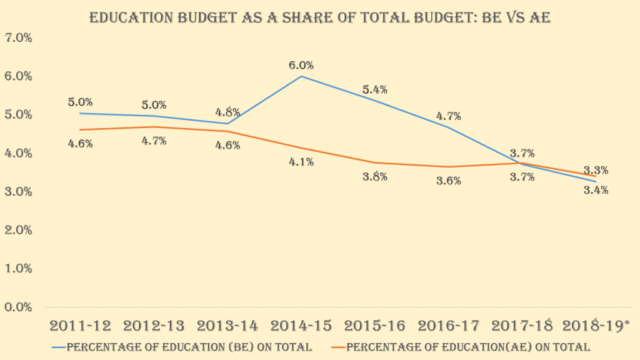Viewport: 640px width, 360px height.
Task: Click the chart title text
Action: [319, 17]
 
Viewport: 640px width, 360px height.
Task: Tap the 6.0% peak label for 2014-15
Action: [301, 66]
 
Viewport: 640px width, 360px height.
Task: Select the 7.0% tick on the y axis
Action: [18, 38]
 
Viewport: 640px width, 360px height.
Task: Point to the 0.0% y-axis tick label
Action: [18, 307]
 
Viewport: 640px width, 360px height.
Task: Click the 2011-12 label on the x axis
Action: [81, 326]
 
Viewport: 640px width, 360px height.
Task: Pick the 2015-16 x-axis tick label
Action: [375, 326]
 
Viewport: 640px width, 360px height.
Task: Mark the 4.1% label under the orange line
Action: [301, 162]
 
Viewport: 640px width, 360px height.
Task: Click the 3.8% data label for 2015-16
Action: [375, 177]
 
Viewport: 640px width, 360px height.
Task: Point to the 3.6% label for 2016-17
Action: [449, 181]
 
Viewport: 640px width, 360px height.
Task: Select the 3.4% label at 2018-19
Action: [596, 190]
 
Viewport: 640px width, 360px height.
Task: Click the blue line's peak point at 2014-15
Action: [301, 76]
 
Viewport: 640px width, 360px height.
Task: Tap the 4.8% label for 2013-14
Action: [227, 113]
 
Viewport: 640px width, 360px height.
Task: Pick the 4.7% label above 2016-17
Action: [449, 116]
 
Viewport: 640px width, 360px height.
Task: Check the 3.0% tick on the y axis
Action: [18, 192]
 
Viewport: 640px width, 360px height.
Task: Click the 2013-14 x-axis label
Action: [227, 326]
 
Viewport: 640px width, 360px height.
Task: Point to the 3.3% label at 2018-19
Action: [596, 170]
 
